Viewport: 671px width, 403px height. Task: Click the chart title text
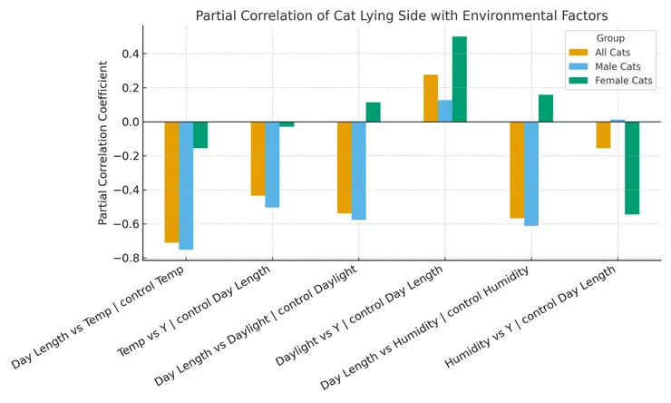(x=402, y=15)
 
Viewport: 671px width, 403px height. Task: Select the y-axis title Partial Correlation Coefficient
(x=103, y=143)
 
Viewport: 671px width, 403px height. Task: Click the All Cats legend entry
(x=605, y=53)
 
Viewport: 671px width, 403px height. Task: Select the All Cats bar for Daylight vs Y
(x=431, y=98)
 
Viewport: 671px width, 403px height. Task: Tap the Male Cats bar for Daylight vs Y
(x=445, y=111)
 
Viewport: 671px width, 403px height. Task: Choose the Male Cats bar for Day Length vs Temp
(x=186, y=185)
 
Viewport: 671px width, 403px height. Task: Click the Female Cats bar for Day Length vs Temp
(x=200, y=134)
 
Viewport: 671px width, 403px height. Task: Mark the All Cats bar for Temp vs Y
(x=258, y=159)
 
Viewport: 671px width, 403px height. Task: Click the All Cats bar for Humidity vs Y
(x=603, y=134)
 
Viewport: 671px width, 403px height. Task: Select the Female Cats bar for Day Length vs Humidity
(x=546, y=108)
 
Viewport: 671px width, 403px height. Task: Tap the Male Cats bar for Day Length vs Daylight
(x=359, y=171)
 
